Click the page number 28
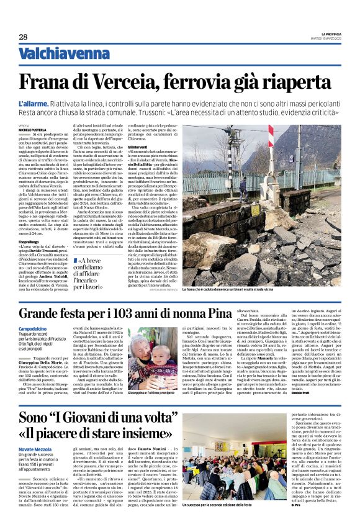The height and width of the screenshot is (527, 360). pyautogui.click(x=23, y=37)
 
